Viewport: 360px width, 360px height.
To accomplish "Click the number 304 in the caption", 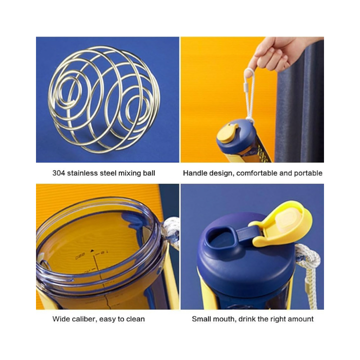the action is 59,173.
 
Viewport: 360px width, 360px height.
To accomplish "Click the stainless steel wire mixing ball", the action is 103,99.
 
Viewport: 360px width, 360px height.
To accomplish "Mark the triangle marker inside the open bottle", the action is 92,251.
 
